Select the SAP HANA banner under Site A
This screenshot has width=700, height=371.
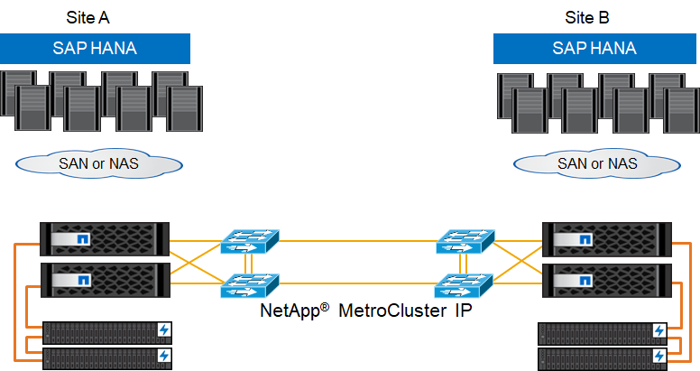click(x=95, y=49)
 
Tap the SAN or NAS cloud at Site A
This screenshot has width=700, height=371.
click(x=98, y=163)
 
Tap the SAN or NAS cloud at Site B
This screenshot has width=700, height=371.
click(x=596, y=163)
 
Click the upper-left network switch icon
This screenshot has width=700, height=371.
click(x=249, y=241)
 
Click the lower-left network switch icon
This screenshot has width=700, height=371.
click(x=249, y=287)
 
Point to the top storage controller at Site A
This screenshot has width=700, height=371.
click(x=105, y=239)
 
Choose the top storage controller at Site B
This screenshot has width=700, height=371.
click(x=605, y=239)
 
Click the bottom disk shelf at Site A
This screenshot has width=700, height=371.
click(x=106, y=357)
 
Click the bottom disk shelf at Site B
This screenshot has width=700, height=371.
click(x=603, y=357)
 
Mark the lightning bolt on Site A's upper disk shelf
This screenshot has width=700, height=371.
click(x=163, y=330)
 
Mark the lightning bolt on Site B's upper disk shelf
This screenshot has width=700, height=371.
click(x=659, y=332)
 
